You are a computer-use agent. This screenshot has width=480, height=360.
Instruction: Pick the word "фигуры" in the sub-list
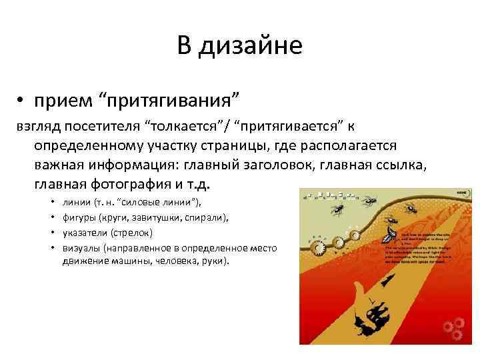click(x=77, y=217)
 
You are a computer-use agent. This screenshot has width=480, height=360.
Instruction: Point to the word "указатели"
click(x=82, y=232)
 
